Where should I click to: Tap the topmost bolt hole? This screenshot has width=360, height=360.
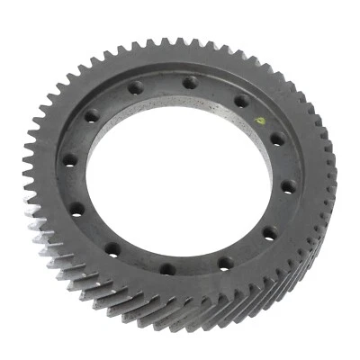click(x=189, y=83)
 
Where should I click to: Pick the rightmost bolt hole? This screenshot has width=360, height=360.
click(x=287, y=187)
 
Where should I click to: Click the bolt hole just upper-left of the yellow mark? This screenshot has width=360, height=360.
click(x=241, y=102)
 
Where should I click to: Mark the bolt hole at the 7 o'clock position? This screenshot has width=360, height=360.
click(x=111, y=247)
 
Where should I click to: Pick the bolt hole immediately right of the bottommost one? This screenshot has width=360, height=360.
click(x=224, y=264)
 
